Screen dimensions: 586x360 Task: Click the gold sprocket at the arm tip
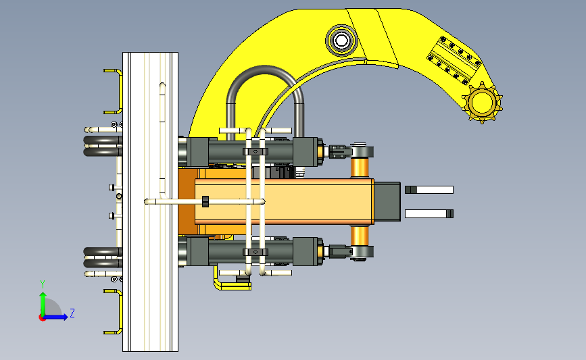pos(482,103)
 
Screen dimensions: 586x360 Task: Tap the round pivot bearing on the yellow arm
pos(341,41)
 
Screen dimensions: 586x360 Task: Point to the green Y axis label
pos(43,284)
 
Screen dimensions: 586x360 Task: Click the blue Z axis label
pos(72,313)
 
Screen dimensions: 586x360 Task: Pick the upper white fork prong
pos(429,190)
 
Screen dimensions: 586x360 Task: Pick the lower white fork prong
pos(429,213)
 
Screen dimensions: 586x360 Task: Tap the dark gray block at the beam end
pos(387,202)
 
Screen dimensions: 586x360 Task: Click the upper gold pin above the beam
pos(360,168)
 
